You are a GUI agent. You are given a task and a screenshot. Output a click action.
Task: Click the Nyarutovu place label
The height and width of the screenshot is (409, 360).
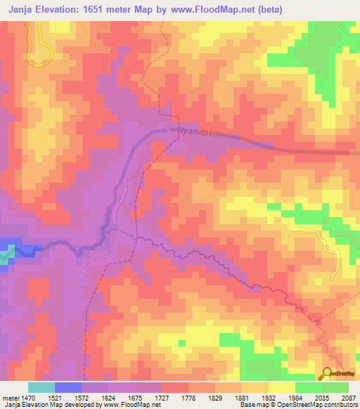tap(199, 131)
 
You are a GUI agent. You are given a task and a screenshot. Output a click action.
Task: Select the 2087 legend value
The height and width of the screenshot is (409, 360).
tap(347, 397)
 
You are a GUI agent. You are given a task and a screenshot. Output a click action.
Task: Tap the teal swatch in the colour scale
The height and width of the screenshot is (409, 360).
tap(41, 387)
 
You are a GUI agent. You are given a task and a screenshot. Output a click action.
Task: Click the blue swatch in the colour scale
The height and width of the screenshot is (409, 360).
tap(68, 387)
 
